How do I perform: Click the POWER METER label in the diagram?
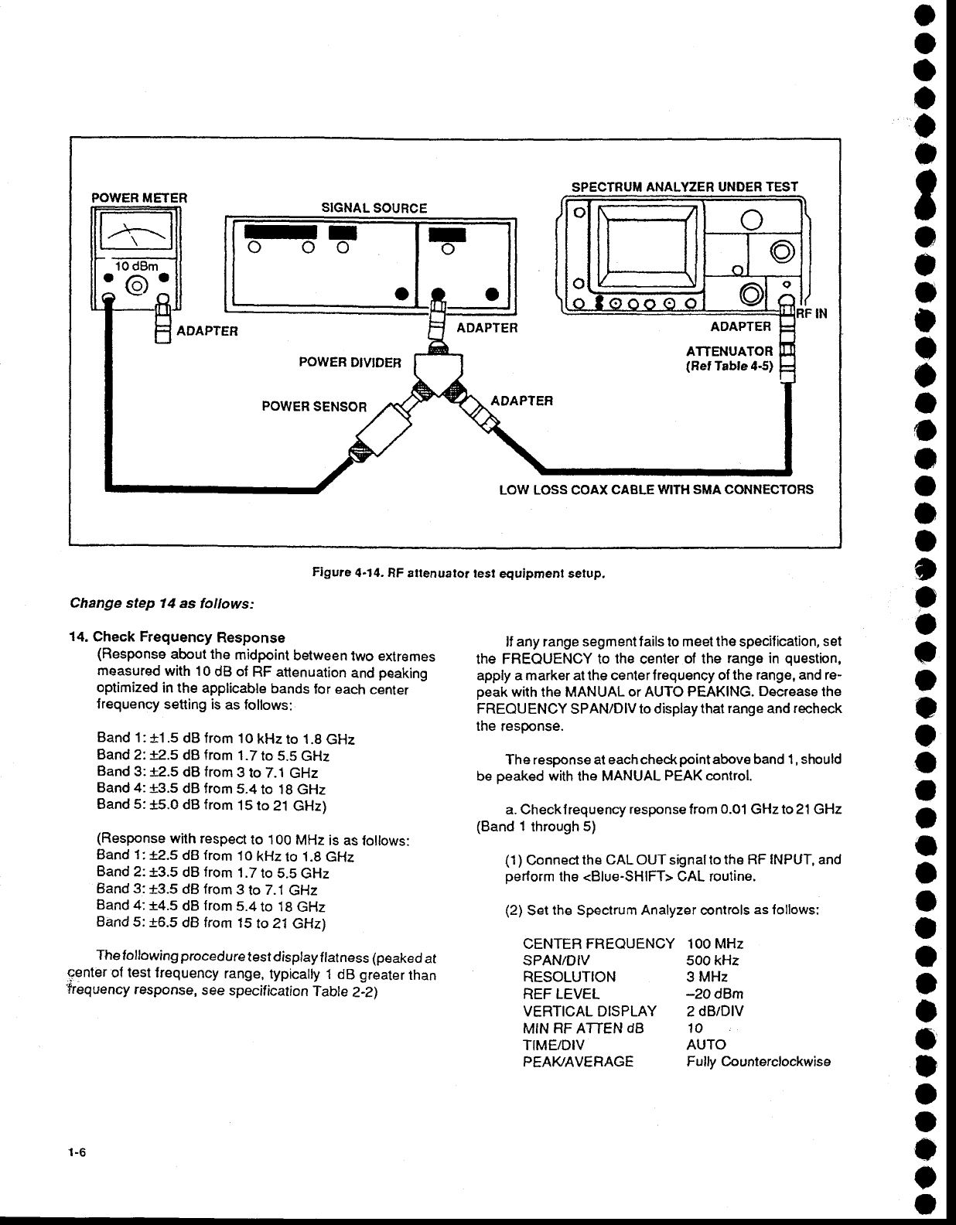(139, 197)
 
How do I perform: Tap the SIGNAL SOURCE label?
(374, 208)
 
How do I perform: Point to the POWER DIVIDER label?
(350, 363)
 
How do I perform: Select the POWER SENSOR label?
(314, 406)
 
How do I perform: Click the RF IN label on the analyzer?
(812, 314)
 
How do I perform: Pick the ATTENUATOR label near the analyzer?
(729, 351)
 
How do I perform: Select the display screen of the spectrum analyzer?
(646, 242)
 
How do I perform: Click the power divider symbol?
(439, 376)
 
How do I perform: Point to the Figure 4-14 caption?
(457, 575)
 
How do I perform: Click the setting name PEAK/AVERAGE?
(578, 1062)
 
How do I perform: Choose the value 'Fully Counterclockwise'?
(758, 1062)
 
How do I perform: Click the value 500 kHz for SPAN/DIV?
(712, 961)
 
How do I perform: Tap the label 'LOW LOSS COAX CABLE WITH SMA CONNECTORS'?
(656, 490)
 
